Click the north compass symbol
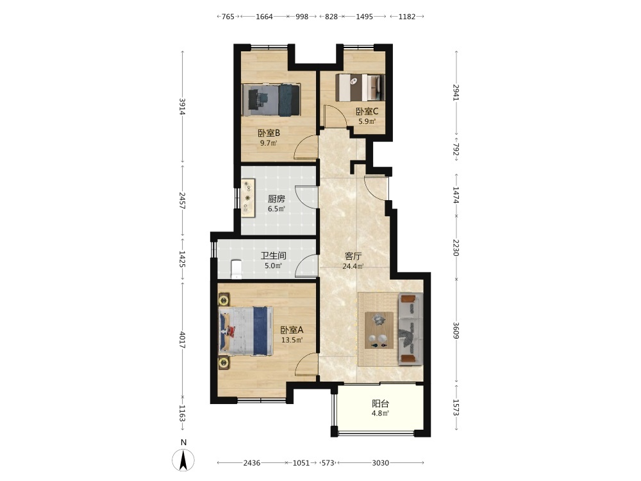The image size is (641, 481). (x=183, y=459)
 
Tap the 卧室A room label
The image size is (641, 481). (x=292, y=330)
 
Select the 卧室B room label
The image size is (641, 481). (x=269, y=133)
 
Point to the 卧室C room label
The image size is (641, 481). (x=367, y=111)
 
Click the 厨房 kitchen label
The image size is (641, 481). (x=276, y=199)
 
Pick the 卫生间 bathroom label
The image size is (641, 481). (x=274, y=256)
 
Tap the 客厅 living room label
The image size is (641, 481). (x=353, y=257)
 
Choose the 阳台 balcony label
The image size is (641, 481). (x=380, y=403)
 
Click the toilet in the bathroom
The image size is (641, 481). (x=237, y=269)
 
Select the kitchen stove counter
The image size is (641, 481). (x=247, y=198)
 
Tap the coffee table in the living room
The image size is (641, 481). (x=379, y=330)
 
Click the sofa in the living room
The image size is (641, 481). (x=410, y=328)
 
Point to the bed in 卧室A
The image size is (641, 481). (x=246, y=331)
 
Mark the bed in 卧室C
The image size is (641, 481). (x=360, y=87)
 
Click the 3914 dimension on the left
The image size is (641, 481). (x=182, y=106)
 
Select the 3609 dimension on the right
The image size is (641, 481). (x=456, y=331)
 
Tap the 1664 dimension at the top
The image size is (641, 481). (x=264, y=17)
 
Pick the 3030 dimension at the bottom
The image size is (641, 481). (x=380, y=462)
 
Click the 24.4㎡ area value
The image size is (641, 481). (x=353, y=266)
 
